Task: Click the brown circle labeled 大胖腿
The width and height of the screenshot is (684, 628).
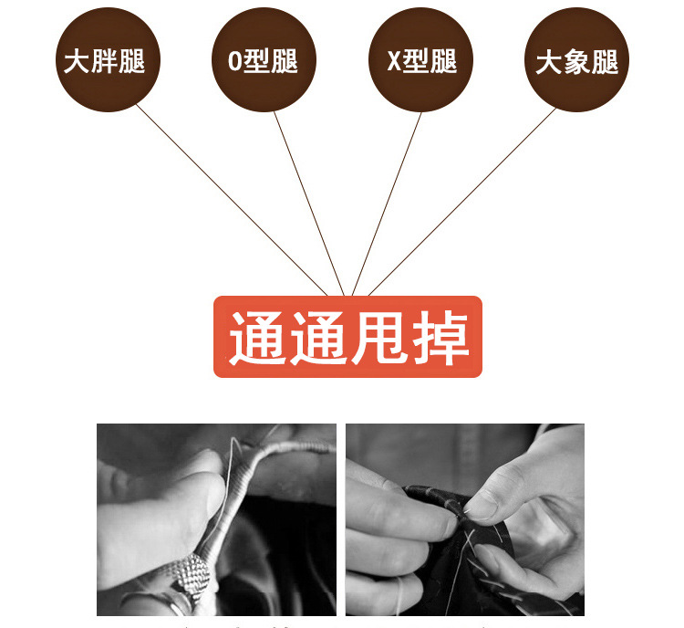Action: (108, 60)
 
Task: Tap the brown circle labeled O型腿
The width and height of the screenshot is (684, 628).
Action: (264, 60)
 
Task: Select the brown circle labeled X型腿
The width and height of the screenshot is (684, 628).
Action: (421, 60)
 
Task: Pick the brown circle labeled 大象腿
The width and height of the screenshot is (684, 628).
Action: (576, 60)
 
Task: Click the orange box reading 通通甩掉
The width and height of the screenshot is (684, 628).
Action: (347, 337)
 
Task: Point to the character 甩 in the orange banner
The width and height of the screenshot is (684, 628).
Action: (378, 338)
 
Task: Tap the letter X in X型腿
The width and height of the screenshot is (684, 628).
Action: (394, 61)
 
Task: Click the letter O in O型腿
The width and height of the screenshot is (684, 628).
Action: (234, 61)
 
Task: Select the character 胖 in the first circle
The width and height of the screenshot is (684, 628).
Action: (104, 61)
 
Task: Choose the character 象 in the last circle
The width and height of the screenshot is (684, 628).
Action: (577, 61)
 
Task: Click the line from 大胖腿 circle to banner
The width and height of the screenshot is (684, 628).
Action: (232, 200)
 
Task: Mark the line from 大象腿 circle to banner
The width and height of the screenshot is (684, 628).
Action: (462, 202)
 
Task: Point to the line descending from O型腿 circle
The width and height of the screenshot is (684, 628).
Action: (309, 204)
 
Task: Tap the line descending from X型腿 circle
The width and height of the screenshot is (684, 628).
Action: (387, 204)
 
